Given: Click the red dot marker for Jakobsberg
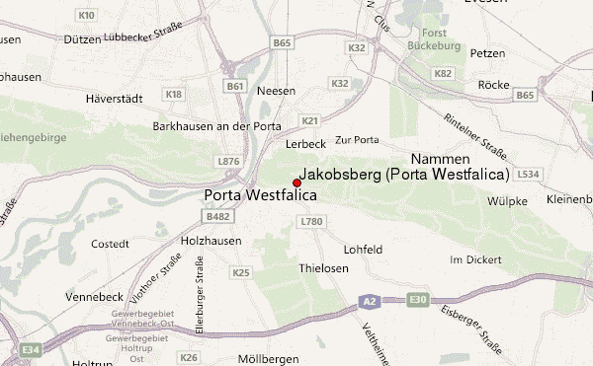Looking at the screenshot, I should [x=296, y=183].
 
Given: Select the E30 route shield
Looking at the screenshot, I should [x=419, y=299].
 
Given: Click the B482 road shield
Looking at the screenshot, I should [x=218, y=216].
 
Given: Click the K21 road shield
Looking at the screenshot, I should [x=310, y=120].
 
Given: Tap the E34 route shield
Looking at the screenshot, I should [x=31, y=348].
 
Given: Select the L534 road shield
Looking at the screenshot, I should [x=528, y=174].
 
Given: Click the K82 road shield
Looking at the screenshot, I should [x=443, y=73].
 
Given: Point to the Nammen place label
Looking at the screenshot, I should [x=440, y=158].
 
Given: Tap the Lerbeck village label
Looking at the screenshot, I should [x=304, y=144].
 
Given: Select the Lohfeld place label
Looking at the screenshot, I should [x=363, y=250].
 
